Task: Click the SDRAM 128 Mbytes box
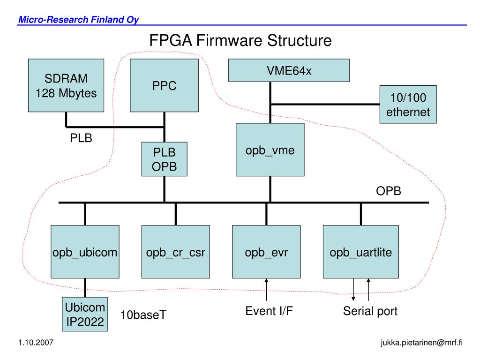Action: (x=66, y=85)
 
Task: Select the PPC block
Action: (x=165, y=85)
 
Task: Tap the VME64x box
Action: (x=289, y=70)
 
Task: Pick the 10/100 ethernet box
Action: (x=408, y=105)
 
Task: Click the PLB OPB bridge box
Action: (x=165, y=159)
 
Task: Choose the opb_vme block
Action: (x=270, y=150)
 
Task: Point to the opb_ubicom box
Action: (x=85, y=252)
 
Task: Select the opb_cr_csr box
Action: (x=176, y=252)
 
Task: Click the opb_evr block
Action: (x=266, y=252)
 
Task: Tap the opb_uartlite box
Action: (x=361, y=252)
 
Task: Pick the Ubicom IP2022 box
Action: (x=85, y=314)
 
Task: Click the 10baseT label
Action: (x=143, y=315)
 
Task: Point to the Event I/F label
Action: (x=269, y=311)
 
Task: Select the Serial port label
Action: (x=370, y=311)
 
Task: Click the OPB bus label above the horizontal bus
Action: (x=389, y=191)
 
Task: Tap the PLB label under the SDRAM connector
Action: (x=81, y=138)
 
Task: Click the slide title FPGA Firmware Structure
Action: (x=240, y=40)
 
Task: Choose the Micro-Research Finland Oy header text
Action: (x=79, y=20)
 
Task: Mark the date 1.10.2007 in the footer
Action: (x=36, y=342)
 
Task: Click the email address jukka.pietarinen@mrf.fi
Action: (x=421, y=343)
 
